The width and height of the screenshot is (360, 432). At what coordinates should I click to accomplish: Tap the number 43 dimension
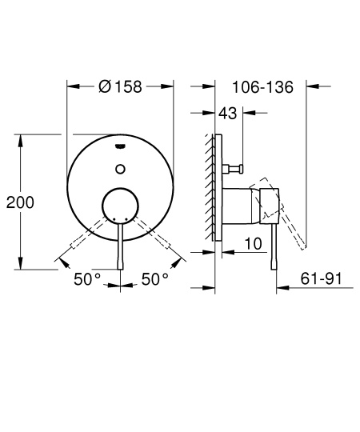[x=227, y=114]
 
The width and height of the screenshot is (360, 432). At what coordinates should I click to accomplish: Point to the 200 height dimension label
[x=20, y=202]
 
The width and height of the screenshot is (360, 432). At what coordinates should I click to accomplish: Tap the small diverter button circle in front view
[x=120, y=168]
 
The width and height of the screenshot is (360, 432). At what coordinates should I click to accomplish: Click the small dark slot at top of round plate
[x=120, y=146]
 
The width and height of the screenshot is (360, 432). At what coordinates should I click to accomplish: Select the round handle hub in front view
[x=120, y=206]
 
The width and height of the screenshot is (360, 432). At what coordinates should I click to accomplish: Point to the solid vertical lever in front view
[x=120, y=248]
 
